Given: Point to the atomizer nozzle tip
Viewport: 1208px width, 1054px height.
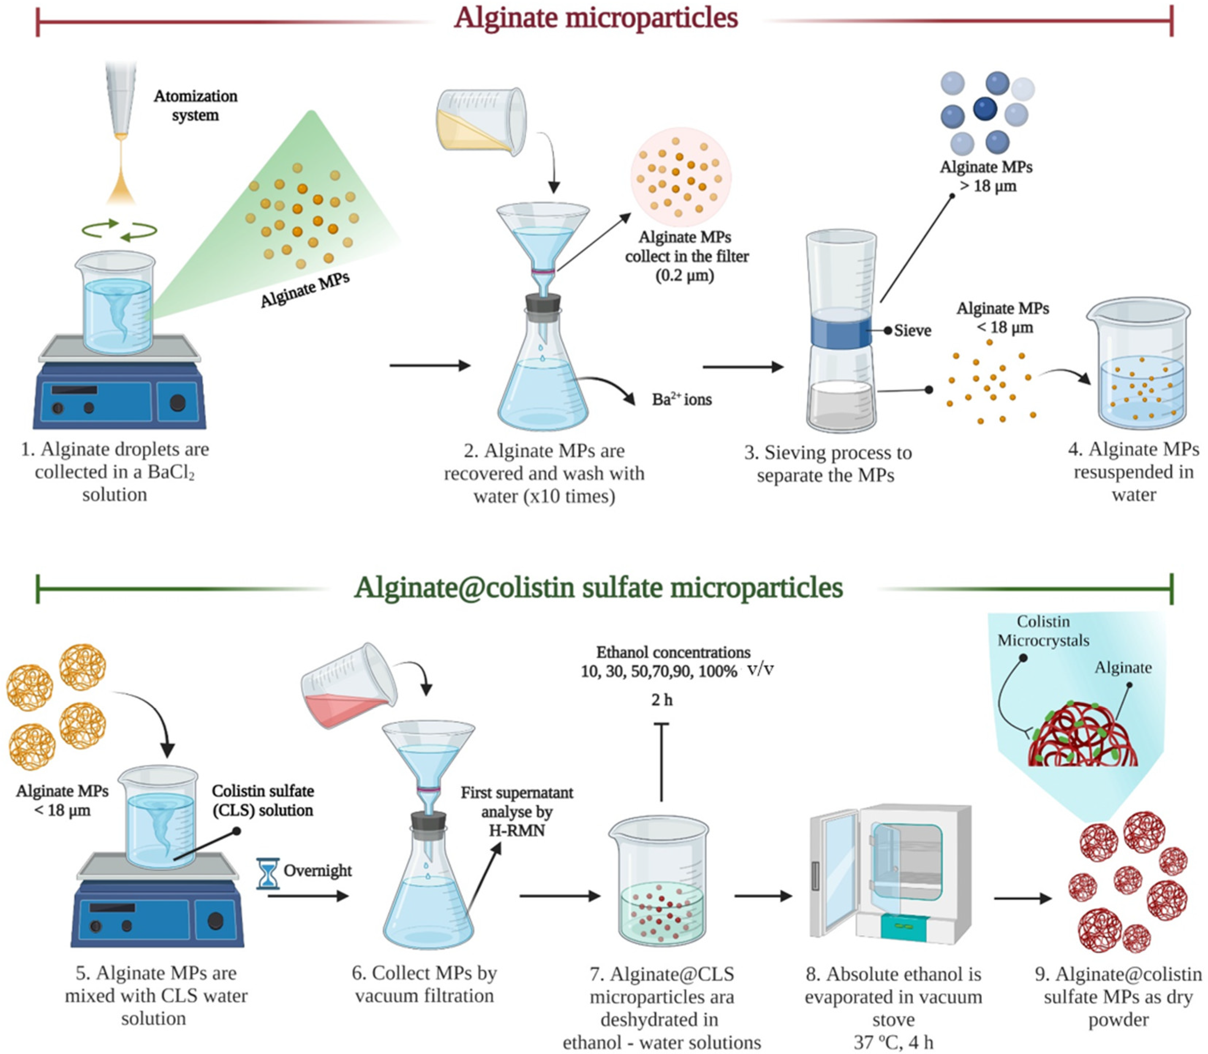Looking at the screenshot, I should tap(121, 136).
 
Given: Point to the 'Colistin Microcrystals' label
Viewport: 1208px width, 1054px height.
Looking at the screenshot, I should tap(1043, 631).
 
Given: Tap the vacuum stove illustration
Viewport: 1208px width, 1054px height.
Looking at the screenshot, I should tap(890, 873).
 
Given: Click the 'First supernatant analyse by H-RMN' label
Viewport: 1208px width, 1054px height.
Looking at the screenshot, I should tap(516, 812).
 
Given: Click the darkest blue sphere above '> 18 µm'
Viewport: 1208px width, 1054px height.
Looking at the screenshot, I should tap(985, 109).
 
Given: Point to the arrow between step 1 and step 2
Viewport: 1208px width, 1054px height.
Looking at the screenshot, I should tap(429, 366).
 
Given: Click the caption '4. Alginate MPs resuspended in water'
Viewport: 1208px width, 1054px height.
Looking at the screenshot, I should tap(1133, 472).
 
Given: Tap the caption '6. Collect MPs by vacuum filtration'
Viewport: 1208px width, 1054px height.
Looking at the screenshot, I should tap(424, 985).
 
